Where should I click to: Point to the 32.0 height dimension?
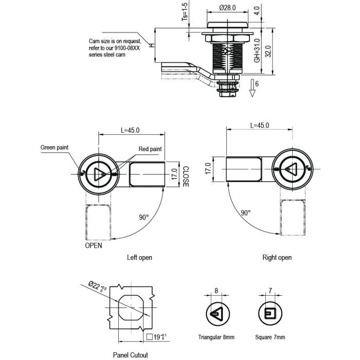(x=268, y=51)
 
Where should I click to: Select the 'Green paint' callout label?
(x=55, y=148)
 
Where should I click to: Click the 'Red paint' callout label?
(x=150, y=149)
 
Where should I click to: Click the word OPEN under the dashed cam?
(x=93, y=246)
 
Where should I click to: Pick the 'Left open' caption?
(x=139, y=258)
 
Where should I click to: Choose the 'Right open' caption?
(x=277, y=258)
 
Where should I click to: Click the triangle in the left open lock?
(x=99, y=173)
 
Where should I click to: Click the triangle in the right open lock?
(x=290, y=169)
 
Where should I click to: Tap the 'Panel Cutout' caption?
(x=131, y=355)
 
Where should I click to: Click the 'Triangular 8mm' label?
(x=216, y=337)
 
